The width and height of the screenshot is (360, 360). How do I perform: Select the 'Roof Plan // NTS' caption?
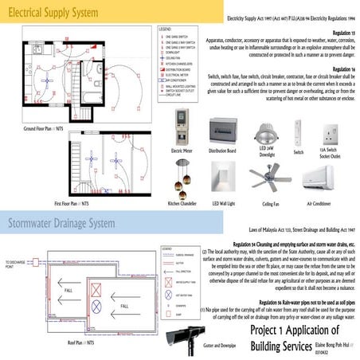[x=80, y=342]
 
